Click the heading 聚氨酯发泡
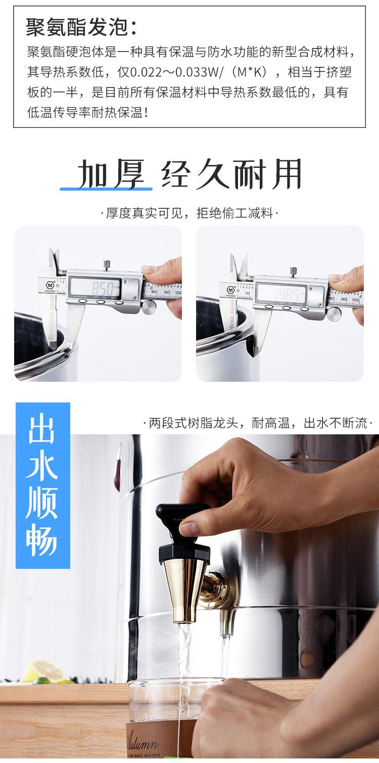(x=81, y=28)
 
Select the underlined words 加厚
(x=106, y=174)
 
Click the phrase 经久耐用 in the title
(x=232, y=174)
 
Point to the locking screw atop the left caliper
(x=107, y=264)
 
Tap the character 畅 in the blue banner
(x=43, y=543)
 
